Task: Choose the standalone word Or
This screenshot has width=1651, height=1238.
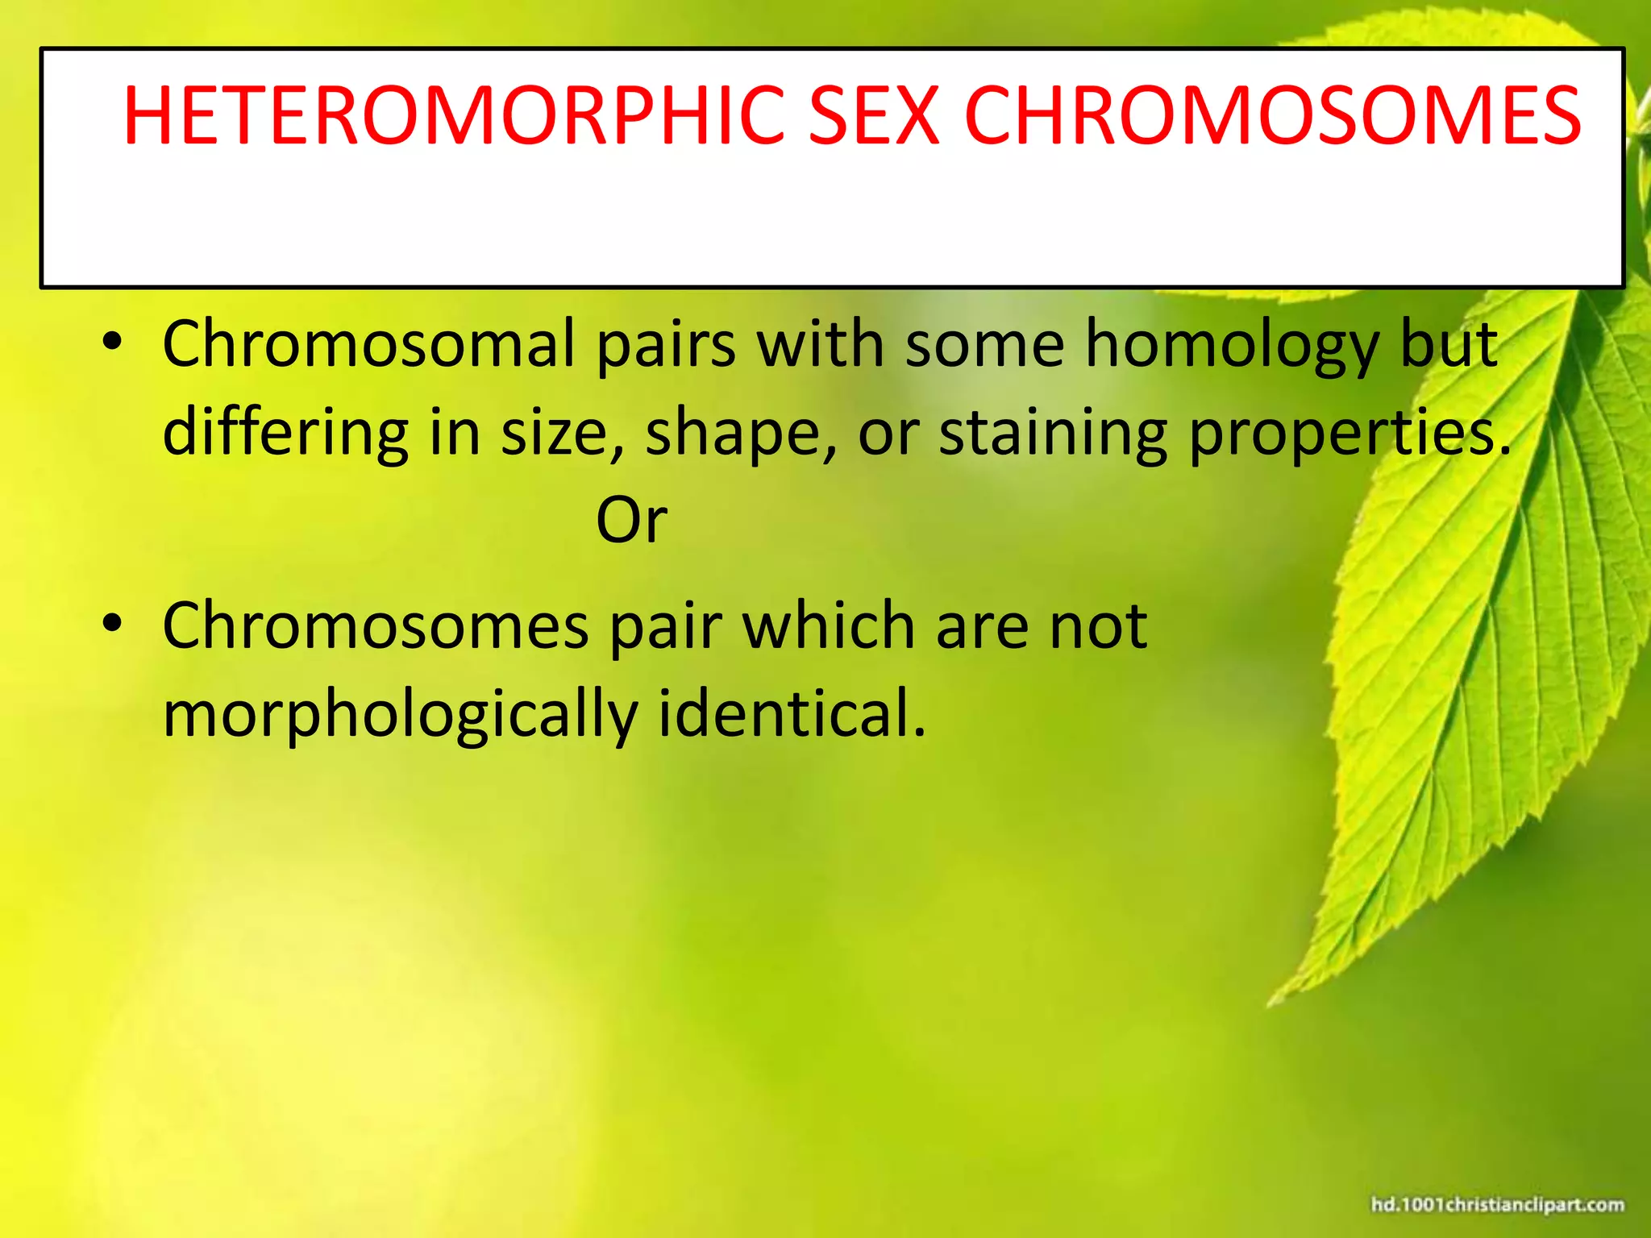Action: point(631,521)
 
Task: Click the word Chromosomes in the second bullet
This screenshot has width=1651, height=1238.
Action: point(375,626)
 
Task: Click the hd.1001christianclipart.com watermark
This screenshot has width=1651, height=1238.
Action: point(1497,1204)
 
